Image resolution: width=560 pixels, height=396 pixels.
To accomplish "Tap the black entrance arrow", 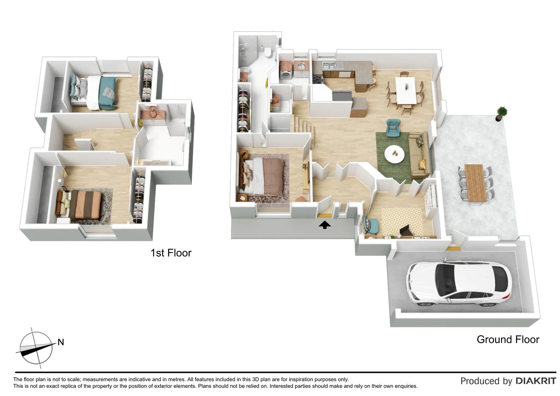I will [325, 225].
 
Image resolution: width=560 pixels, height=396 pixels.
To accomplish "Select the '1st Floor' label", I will [171, 253].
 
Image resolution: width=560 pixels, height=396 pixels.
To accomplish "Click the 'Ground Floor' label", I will [508, 340].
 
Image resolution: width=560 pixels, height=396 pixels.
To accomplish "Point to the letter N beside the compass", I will [61, 342].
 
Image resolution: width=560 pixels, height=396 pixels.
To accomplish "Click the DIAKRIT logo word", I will [536, 381].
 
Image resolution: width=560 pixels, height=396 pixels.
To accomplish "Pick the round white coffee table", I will [394, 153].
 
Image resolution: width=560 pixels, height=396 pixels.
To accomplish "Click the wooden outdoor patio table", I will [475, 183].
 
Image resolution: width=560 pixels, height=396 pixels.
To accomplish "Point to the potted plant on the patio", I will [501, 113].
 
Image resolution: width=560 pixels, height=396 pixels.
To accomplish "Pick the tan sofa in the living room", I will [419, 154].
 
